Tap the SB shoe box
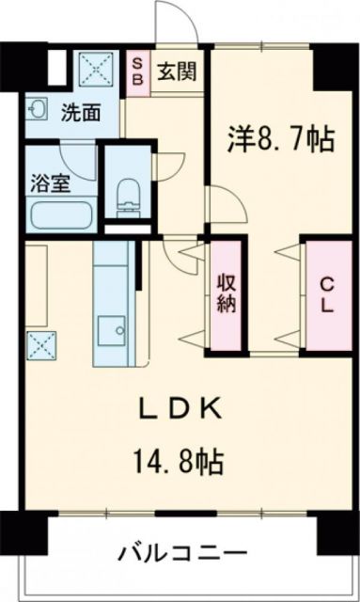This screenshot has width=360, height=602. click(137, 71)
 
